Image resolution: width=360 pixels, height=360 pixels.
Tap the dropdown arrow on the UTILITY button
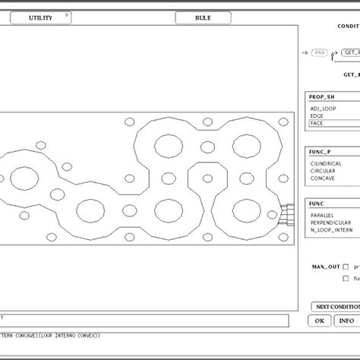click(67, 15)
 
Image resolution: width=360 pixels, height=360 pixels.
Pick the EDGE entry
click(317, 115)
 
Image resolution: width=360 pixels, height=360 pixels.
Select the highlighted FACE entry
click(317, 122)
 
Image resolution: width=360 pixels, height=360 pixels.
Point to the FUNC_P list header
click(319, 152)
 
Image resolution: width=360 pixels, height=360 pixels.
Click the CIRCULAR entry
click(324, 171)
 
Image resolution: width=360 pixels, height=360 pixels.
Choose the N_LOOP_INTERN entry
click(330, 229)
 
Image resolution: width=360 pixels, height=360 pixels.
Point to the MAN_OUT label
click(324, 267)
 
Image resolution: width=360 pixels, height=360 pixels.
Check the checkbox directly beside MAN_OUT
click(346, 267)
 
